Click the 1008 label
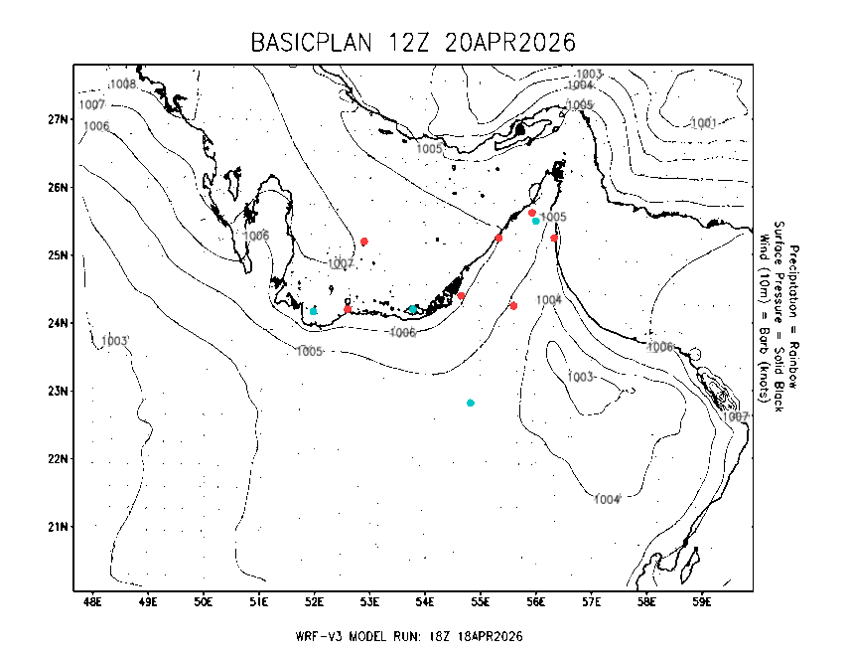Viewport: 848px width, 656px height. (123, 84)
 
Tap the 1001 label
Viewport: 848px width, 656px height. (704, 123)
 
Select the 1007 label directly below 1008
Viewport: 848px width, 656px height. (92, 104)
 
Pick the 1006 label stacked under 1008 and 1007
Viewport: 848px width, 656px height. (96, 126)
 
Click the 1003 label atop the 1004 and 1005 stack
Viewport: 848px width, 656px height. (589, 75)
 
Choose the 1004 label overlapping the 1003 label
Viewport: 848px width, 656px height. (580, 85)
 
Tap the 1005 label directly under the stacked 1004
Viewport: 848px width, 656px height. (580, 105)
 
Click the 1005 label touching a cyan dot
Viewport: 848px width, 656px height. (553, 217)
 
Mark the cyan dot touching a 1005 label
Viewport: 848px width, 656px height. (536, 221)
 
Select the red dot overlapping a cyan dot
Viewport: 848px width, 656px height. (532, 213)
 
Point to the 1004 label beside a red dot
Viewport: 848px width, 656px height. (549, 299)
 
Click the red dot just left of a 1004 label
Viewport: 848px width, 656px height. (513, 306)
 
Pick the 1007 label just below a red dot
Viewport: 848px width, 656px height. (341, 263)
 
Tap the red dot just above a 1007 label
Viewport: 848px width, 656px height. (364, 242)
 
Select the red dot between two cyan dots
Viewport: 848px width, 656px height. (348, 309)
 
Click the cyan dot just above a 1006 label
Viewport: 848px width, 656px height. (413, 309)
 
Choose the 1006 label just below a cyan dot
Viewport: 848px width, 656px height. (402, 333)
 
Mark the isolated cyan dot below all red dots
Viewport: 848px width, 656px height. (471, 403)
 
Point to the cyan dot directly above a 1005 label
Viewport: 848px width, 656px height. (313, 311)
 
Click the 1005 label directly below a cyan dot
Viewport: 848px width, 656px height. (310, 352)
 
